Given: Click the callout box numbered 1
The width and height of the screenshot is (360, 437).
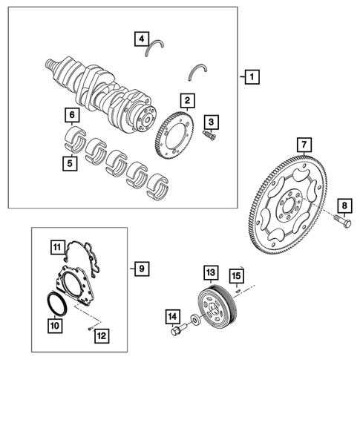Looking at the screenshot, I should click(x=252, y=77).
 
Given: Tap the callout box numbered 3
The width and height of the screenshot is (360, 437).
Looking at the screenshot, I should click(x=212, y=121).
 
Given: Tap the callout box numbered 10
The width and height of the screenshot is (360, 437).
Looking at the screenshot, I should click(x=53, y=323).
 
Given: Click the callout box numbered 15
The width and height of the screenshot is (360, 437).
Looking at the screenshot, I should click(x=236, y=277).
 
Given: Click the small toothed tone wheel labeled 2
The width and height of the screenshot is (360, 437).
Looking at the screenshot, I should click(x=171, y=134).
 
